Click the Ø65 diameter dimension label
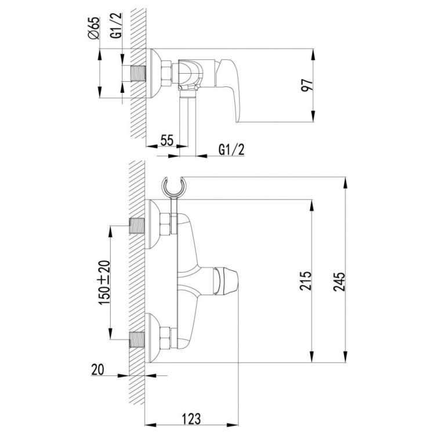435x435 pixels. [x=96, y=30]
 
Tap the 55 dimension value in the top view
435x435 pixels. [x=167, y=140]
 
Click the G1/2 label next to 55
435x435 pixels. [x=231, y=150]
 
